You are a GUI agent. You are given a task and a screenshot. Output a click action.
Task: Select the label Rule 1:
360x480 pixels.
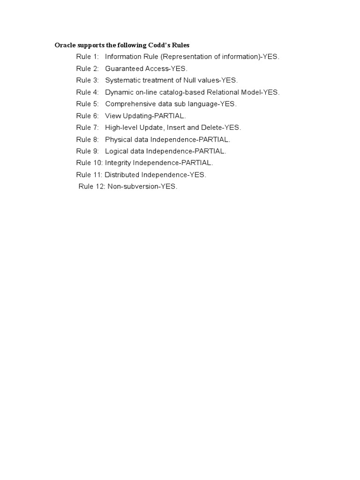88,57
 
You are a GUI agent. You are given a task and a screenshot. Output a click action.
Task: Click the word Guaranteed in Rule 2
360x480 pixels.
123,68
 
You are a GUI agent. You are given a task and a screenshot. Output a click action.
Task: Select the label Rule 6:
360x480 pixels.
88,116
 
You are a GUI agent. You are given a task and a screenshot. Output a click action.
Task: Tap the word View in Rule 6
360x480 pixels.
112,116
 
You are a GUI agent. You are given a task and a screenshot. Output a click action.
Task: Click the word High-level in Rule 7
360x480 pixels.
121,127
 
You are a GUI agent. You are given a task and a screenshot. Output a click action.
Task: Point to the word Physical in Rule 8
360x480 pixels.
118,139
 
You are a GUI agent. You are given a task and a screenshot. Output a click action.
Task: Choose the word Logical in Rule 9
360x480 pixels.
117,151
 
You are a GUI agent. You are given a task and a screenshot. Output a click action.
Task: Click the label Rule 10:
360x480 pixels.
89,163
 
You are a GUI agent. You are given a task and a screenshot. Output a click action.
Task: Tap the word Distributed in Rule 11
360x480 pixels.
123,175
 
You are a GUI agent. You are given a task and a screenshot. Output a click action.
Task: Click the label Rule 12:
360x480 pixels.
92,187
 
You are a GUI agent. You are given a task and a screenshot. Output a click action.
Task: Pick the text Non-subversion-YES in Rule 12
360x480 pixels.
142,187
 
